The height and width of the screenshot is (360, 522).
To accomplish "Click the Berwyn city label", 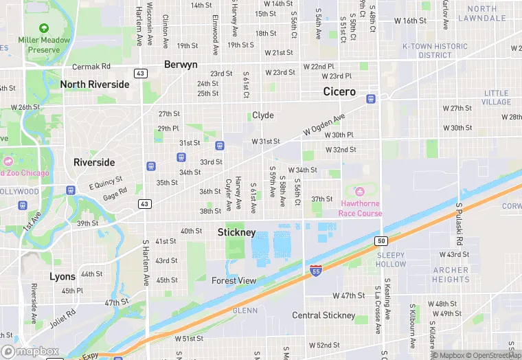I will [181, 65].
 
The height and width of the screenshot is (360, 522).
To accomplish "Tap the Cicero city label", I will [339, 92].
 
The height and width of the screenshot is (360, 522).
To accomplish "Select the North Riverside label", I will [94, 85].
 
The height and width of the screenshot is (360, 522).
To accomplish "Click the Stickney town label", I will [236, 232].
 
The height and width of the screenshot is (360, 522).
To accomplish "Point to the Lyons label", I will [63, 277].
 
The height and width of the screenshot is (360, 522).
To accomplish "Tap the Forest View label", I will [234, 280].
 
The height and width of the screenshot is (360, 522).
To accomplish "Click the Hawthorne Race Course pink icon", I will [358, 190].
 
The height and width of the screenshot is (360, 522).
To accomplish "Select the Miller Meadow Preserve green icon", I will [44, 28].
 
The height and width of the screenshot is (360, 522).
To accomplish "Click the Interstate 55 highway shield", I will [315, 271].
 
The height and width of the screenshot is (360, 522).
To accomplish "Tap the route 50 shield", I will [381, 240].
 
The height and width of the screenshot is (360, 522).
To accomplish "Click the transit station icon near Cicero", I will [371, 98].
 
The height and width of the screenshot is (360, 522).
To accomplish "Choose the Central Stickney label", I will [324, 315].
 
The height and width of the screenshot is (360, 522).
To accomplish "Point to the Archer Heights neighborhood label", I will [451, 275].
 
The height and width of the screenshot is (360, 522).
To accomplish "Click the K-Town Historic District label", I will [435, 51].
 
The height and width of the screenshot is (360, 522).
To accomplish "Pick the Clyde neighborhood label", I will [262, 115].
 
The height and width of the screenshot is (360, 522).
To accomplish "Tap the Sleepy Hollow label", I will [391, 260].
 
